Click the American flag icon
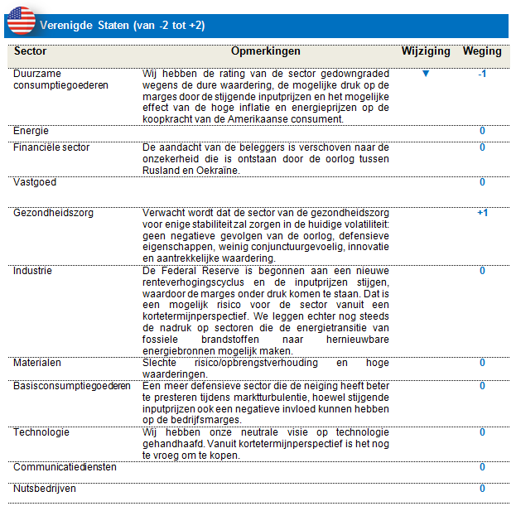[21, 20]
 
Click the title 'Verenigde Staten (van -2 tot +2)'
[123, 26]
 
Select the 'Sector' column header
[31, 51]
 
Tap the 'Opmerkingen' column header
[266, 51]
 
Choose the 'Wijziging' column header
[426, 51]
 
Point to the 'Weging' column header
[482, 51]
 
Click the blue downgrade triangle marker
[426, 74]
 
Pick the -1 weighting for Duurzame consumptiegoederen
[482, 74]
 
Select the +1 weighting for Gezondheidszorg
[482, 213]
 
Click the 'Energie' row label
[31, 131]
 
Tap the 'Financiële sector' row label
[51, 147]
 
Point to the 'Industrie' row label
[32, 271]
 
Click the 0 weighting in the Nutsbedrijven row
[482, 489]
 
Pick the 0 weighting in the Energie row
[482, 131]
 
